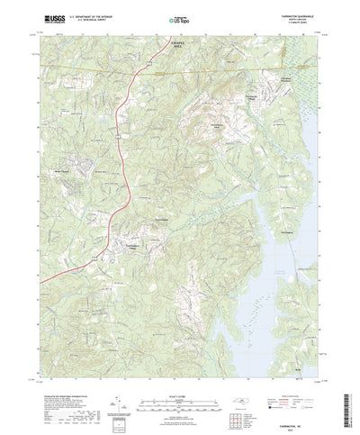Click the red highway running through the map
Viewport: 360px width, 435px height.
tap(129, 180)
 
